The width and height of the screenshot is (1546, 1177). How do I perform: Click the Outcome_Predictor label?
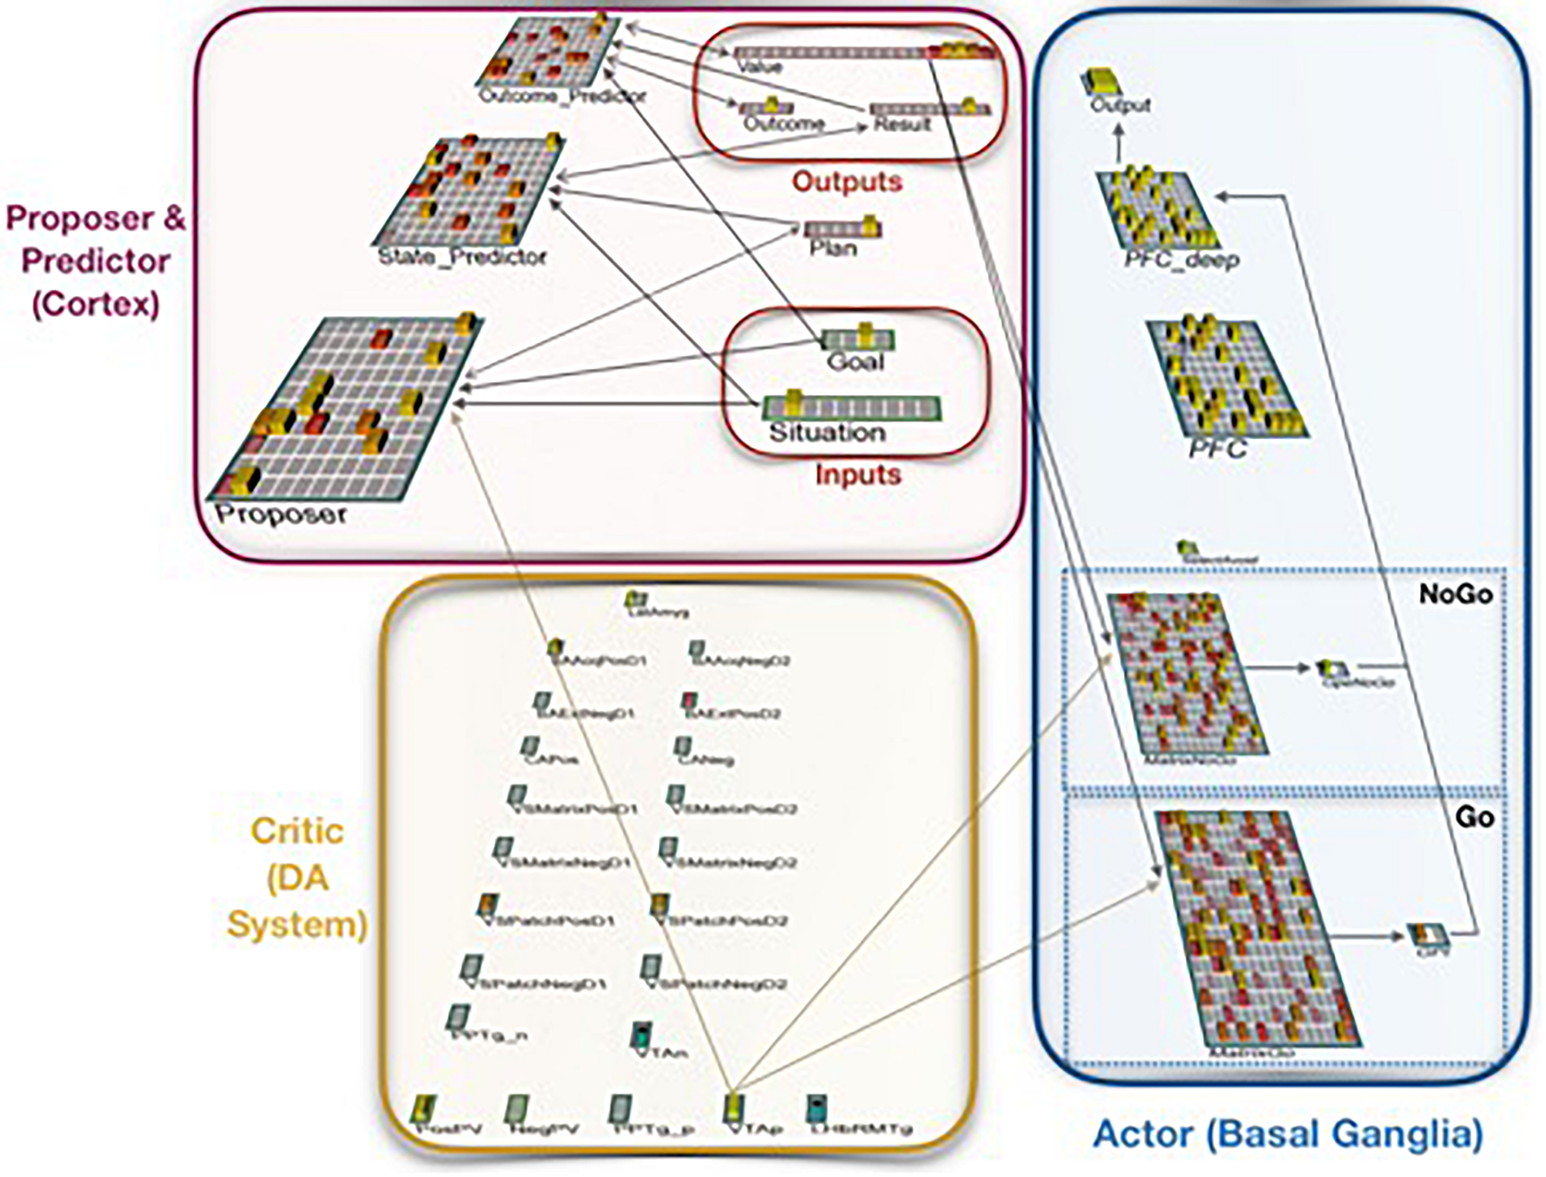(x=561, y=96)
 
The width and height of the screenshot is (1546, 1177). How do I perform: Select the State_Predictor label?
(x=461, y=257)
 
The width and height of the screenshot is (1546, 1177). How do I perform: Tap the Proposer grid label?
(x=281, y=514)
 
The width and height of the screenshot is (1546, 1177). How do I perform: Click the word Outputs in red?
(x=846, y=182)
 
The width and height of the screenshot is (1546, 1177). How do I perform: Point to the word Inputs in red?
(x=858, y=474)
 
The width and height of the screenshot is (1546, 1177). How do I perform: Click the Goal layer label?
(x=855, y=361)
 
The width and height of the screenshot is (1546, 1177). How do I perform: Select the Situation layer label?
(x=827, y=432)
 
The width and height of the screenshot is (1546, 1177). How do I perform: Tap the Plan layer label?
(x=833, y=248)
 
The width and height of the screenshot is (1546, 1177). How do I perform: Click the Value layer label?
(x=760, y=67)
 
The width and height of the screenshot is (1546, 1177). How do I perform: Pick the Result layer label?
(x=901, y=124)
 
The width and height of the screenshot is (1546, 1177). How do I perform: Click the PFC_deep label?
(x=1181, y=260)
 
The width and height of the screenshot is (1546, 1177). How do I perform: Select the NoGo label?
(x=1456, y=594)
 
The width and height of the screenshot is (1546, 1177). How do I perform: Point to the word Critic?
(x=297, y=832)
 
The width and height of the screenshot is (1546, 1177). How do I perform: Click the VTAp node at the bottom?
(x=734, y=1108)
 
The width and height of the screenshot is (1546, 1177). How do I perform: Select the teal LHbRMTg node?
(x=817, y=1108)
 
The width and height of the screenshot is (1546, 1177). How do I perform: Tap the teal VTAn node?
(x=641, y=1035)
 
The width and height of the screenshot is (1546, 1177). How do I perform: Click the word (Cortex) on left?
(x=95, y=304)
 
